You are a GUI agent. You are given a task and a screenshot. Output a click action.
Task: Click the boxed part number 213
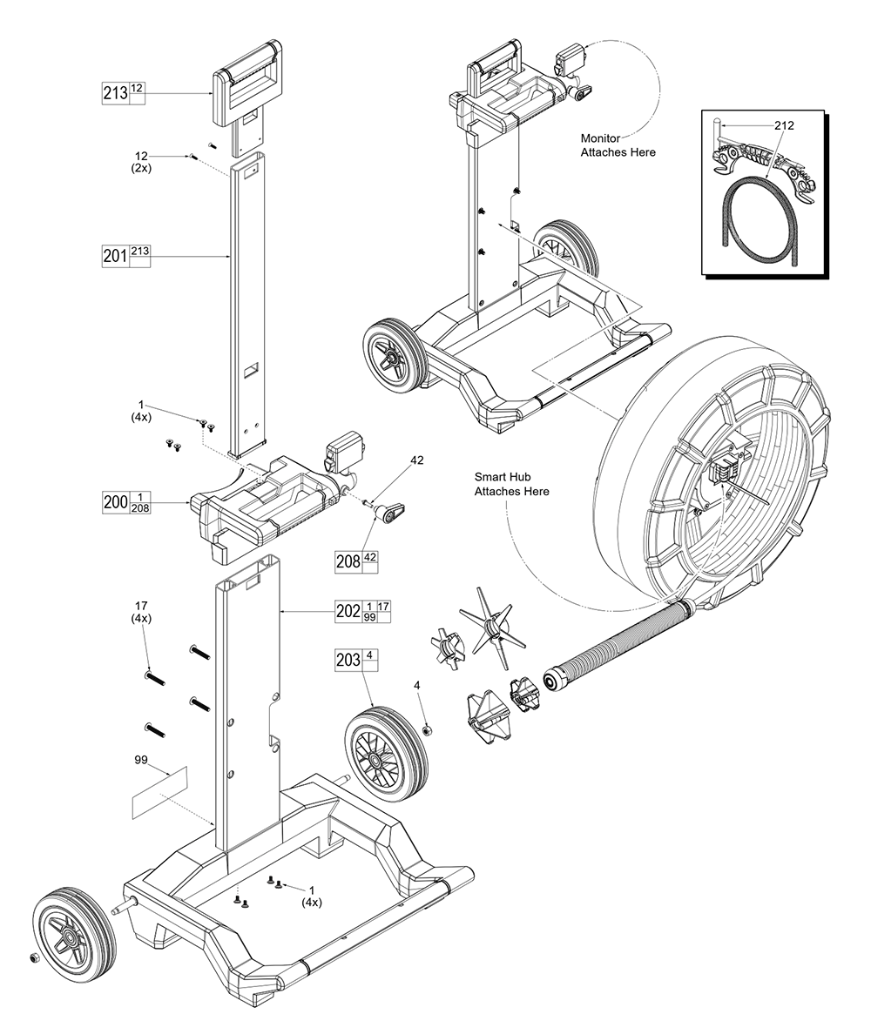tap(115, 93)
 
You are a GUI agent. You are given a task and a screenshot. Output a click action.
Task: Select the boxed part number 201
tap(115, 257)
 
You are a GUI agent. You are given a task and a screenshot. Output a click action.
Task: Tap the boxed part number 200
tap(115, 503)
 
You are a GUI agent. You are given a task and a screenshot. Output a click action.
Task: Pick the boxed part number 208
tap(348, 562)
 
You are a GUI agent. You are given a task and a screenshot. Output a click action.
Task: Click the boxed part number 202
tap(348, 611)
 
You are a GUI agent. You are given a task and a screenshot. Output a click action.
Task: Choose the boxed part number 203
tap(348, 661)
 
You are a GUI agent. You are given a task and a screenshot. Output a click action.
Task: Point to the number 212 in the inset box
tap(783, 125)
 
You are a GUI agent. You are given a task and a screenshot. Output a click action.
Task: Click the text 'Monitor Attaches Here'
tap(618, 144)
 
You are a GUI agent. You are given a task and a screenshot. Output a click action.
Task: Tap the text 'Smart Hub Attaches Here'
tap(511, 484)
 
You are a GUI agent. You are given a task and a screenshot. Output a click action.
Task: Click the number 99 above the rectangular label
tap(141, 759)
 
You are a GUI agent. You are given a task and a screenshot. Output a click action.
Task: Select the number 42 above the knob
tap(417, 460)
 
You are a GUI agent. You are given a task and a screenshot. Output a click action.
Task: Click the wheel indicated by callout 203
tap(387, 751)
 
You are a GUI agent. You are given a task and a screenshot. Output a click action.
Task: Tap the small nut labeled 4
tap(429, 728)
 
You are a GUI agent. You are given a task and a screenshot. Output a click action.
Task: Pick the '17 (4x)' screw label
tap(141, 611)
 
